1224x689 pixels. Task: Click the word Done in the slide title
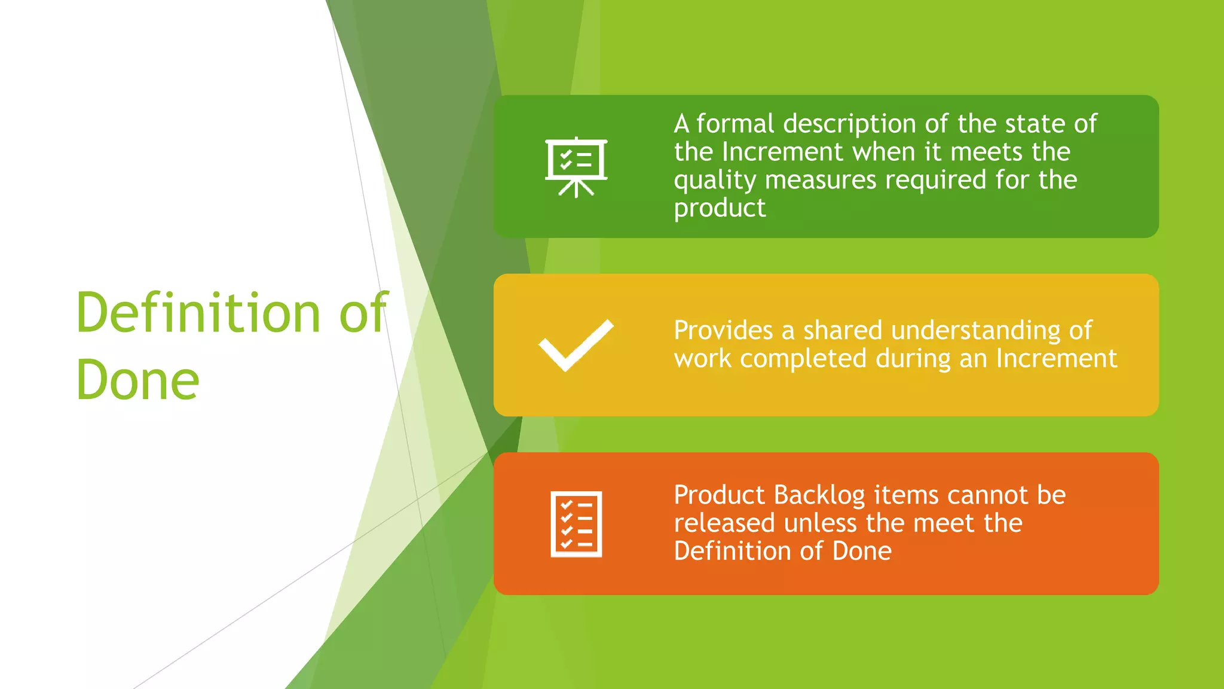pyautogui.click(x=137, y=380)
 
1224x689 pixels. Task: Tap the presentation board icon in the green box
pyautogui.click(x=576, y=167)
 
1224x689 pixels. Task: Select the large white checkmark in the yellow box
pyautogui.click(x=576, y=345)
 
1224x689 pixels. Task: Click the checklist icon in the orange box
pyautogui.click(x=576, y=524)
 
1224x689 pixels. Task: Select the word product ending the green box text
pyautogui.click(x=720, y=209)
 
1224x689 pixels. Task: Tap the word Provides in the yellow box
pyautogui.click(x=723, y=330)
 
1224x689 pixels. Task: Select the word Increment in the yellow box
pyautogui.click(x=1056, y=359)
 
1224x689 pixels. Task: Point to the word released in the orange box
pyautogui.click(x=724, y=523)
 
